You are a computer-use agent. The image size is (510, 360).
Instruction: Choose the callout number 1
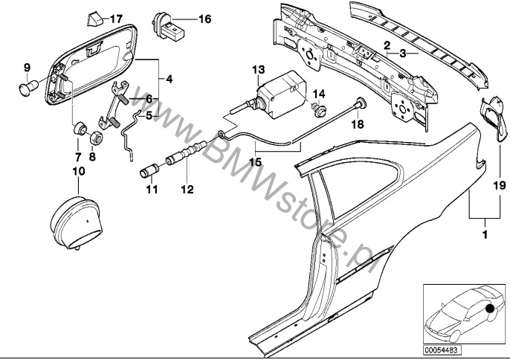click(485, 236)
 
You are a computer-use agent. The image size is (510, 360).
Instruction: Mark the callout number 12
click(185, 190)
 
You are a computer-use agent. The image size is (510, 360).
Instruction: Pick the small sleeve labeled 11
click(149, 175)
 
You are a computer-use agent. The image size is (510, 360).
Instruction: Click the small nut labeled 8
click(96, 138)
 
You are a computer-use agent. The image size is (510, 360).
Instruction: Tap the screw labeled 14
click(320, 112)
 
